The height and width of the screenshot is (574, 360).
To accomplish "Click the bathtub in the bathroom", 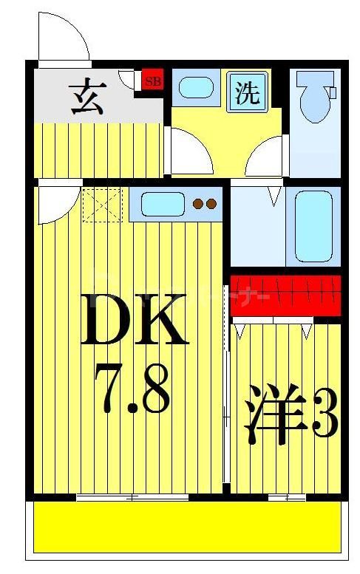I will (x=313, y=226).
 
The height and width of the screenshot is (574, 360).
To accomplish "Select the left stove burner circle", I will (x=198, y=204).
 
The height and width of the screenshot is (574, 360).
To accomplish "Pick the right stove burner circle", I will (x=211, y=204).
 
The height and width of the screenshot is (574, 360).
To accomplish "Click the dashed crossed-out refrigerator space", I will (x=102, y=205).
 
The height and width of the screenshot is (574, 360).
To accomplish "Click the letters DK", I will (x=134, y=321).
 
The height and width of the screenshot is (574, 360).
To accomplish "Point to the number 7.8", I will (x=133, y=388).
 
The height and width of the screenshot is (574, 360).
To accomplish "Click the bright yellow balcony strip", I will (x=188, y=527).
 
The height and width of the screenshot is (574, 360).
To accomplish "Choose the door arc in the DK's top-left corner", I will (x=56, y=202).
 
